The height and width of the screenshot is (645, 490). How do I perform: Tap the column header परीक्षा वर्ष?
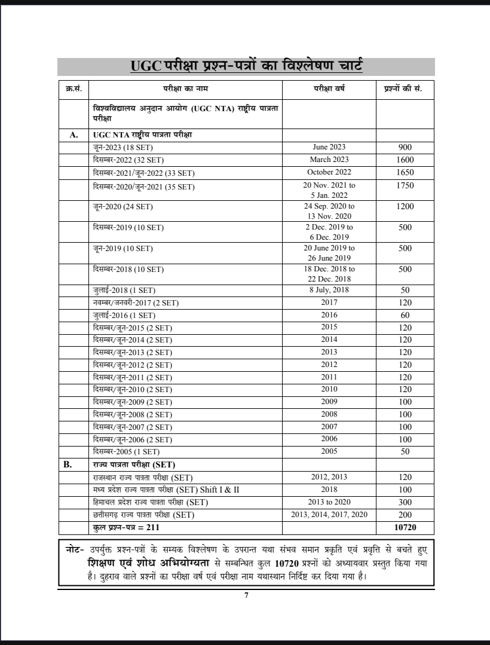point(329,88)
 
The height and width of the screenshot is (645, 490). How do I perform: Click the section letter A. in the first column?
point(73,135)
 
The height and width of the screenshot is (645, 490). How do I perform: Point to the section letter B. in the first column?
point(73,464)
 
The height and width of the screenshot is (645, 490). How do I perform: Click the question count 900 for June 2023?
point(405,147)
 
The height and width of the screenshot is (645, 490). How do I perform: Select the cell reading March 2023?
point(329,160)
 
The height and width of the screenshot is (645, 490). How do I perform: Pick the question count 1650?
point(405,172)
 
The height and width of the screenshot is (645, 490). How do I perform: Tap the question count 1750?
point(405,186)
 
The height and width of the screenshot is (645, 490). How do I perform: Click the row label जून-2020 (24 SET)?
point(123,207)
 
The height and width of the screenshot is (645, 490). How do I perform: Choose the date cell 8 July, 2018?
point(329,290)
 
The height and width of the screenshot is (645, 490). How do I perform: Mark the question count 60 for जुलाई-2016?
point(405,315)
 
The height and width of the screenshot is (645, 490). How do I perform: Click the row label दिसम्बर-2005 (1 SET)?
point(126,452)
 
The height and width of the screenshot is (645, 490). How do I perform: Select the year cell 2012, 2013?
point(329,477)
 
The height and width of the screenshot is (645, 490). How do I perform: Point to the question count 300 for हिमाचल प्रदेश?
point(405,502)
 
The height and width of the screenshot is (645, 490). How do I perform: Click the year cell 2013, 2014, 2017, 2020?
point(329,515)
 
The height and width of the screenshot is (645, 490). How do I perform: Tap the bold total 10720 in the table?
point(405,527)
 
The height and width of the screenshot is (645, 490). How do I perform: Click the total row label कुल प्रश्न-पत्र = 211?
point(127,527)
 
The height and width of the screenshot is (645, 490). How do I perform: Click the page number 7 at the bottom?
point(246,595)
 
